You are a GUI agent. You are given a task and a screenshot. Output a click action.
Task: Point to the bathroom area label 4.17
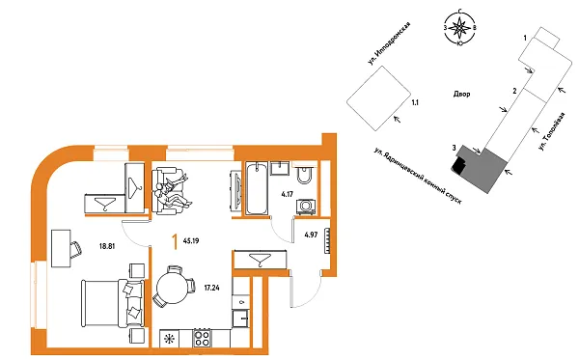[x=287, y=194]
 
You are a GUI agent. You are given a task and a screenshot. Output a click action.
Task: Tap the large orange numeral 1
[x=174, y=241]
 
